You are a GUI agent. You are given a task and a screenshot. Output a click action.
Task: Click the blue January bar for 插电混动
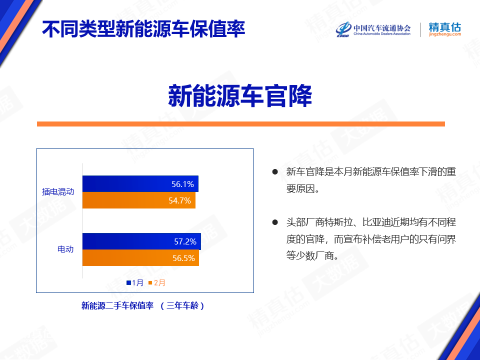140,183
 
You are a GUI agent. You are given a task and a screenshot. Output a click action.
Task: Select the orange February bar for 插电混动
138,200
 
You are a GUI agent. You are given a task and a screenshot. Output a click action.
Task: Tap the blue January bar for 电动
141,241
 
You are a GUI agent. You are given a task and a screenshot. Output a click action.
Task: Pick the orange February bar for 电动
140,258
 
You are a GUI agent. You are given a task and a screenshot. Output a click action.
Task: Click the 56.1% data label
183,184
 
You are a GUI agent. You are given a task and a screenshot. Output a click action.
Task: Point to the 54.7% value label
179,200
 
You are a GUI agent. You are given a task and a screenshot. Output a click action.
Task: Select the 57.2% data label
185,241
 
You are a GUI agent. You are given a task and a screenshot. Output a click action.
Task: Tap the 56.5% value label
183,258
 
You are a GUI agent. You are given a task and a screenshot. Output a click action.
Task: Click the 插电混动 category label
58,191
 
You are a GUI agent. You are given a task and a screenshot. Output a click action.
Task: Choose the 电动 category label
65,249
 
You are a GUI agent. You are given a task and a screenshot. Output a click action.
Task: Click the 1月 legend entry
135,282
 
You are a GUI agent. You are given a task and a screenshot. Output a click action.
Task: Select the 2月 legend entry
156,282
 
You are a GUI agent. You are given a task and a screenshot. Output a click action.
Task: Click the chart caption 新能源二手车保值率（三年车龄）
143,305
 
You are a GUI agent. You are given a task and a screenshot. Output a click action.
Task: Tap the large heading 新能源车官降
240,96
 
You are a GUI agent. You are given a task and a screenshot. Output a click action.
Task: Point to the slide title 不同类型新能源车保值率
143,29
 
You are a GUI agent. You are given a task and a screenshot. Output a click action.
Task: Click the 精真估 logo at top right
445,29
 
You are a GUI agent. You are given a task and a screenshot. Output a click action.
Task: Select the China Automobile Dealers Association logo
373,29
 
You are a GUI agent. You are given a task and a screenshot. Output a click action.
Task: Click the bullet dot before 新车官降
275,171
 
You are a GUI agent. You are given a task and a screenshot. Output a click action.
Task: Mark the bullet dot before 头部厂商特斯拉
275,222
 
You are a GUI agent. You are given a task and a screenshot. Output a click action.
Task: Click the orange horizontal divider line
241,124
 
